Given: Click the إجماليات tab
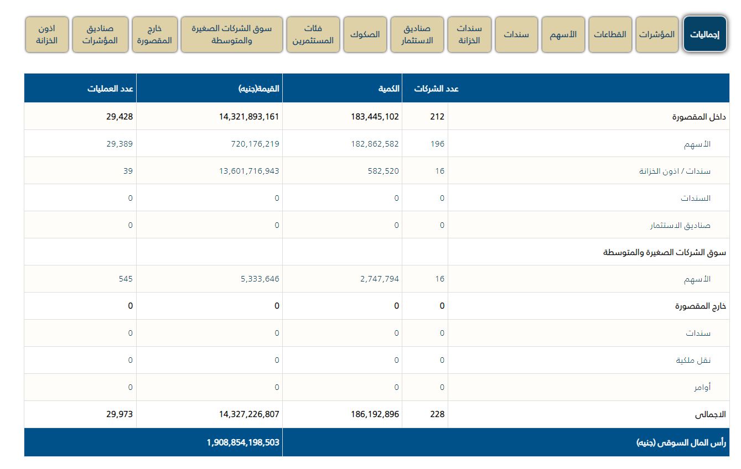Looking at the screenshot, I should click(x=704, y=34).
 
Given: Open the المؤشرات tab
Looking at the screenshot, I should click(x=657, y=34).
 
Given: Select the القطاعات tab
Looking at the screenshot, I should click(x=610, y=34).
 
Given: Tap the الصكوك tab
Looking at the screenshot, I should click(x=365, y=34).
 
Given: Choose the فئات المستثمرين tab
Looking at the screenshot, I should click(x=313, y=34).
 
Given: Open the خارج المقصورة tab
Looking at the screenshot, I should click(x=154, y=34).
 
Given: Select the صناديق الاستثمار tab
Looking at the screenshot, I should click(x=417, y=34).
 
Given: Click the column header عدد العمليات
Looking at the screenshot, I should click(x=110, y=88).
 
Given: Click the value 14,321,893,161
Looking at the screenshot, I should click(x=245, y=117).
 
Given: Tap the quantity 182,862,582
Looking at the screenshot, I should click(x=367, y=144).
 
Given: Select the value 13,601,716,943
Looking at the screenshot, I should click(x=249, y=171).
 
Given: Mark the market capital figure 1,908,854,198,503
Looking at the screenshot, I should click(x=243, y=442).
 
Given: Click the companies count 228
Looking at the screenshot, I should click(x=437, y=414).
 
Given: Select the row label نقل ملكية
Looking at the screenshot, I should click(x=693, y=361).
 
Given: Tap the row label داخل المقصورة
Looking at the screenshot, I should click(x=699, y=117).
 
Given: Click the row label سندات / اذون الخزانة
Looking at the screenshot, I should click(x=675, y=171).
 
